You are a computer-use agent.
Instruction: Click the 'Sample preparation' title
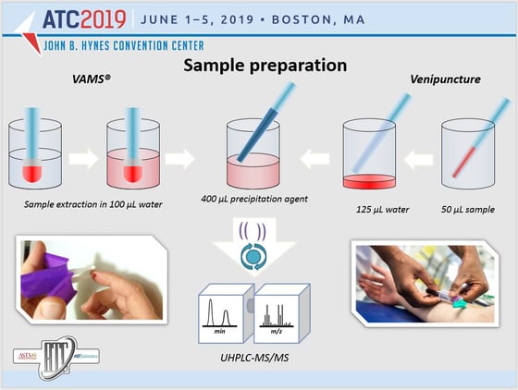pos(265,66)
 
